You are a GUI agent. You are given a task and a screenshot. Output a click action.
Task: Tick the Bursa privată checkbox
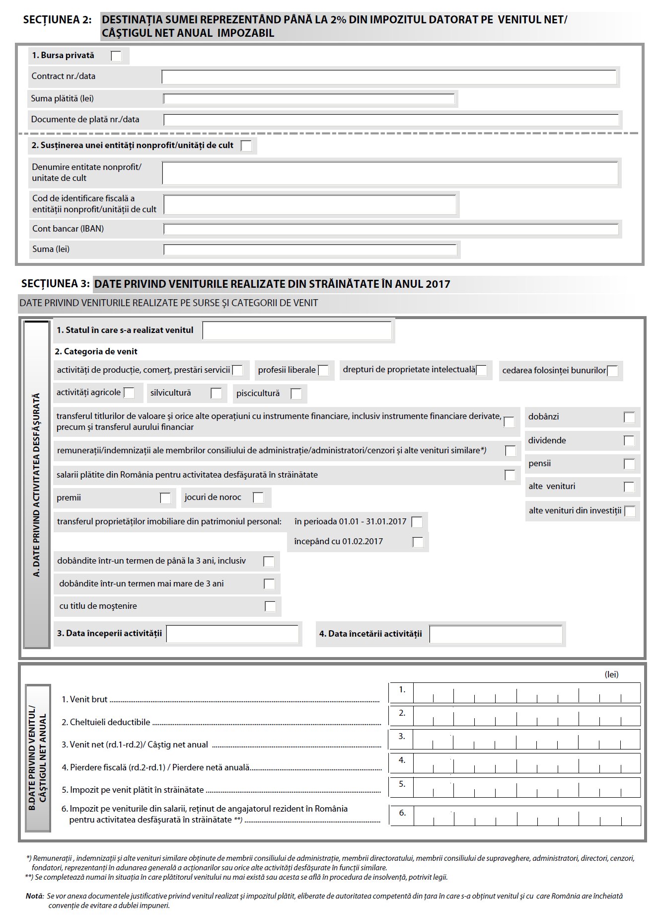tap(116, 56)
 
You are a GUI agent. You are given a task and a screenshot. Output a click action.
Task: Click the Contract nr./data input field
tap(389, 77)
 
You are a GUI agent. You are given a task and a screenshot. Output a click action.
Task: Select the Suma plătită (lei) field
tap(309, 99)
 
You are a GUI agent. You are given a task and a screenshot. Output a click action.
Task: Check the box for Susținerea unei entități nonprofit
tap(246, 146)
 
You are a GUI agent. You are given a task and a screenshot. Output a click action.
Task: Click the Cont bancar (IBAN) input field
tap(391, 229)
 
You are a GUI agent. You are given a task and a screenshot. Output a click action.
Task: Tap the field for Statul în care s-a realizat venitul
tap(297, 331)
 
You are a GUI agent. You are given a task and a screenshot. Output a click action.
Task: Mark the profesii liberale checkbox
tap(323, 370)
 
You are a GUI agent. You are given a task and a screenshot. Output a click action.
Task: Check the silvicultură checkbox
tap(216, 393)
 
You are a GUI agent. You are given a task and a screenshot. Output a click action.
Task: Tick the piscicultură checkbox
tap(296, 394)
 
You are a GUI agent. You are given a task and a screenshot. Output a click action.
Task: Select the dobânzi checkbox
tap(629, 417)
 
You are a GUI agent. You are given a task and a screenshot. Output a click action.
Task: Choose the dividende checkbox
tap(629, 441)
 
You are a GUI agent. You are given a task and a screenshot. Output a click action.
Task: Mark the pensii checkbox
tap(629, 464)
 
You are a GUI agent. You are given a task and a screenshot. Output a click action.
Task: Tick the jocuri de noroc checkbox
tap(258, 498)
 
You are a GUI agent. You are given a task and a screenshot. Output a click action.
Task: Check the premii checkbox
tap(165, 498)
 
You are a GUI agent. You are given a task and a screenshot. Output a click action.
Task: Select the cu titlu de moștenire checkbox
tap(270, 606)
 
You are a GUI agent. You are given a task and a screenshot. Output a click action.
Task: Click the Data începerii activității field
tap(232, 634)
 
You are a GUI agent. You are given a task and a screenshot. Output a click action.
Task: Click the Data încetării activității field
tap(496, 635)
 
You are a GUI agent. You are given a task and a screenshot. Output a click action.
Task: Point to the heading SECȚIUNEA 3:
tap(56, 284)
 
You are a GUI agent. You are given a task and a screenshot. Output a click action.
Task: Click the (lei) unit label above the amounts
tap(611, 674)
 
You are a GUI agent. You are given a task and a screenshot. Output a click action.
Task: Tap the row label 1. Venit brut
tap(84, 699)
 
